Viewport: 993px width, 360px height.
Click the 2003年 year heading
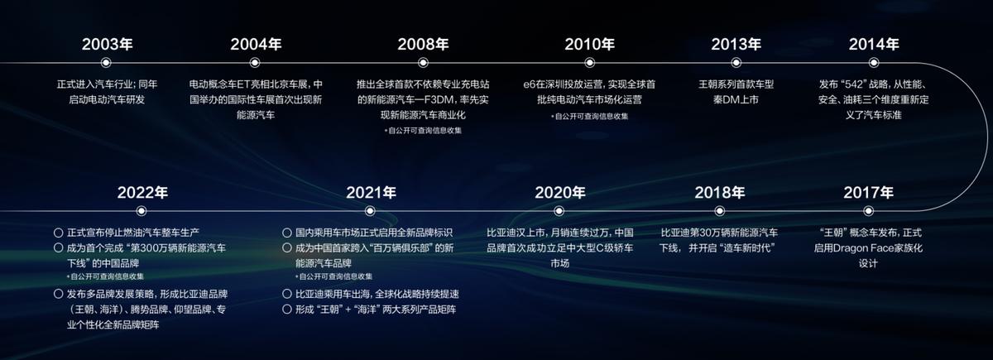pyautogui.click(x=107, y=44)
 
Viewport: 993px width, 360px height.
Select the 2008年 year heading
pyautogui.click(x=422, y=44)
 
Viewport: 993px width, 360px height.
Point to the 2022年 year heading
pyautogui.click(x=142, y=192)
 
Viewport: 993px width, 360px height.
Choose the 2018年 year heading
pyautogui.click(x=719, y=192)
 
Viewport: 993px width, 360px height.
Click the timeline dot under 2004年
pyautogui.click(x=255, y=62)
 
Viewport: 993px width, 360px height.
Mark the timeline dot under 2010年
pyautogui.click(x=589, y=62)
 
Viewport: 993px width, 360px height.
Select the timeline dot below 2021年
pyautogui.click(x=370, y=211)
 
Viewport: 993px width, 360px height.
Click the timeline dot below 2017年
pyautogui.click(x=868, y=211)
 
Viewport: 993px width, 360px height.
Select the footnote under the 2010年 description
pyautogui.click(x=589, y=116)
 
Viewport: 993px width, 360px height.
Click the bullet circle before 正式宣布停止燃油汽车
pyautogui.click(x=58, y=233)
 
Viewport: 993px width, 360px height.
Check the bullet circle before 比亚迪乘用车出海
pyautogui.click(x=287, y=295)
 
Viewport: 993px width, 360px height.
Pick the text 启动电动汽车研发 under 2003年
pyautogui.click(x=107, y=99)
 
